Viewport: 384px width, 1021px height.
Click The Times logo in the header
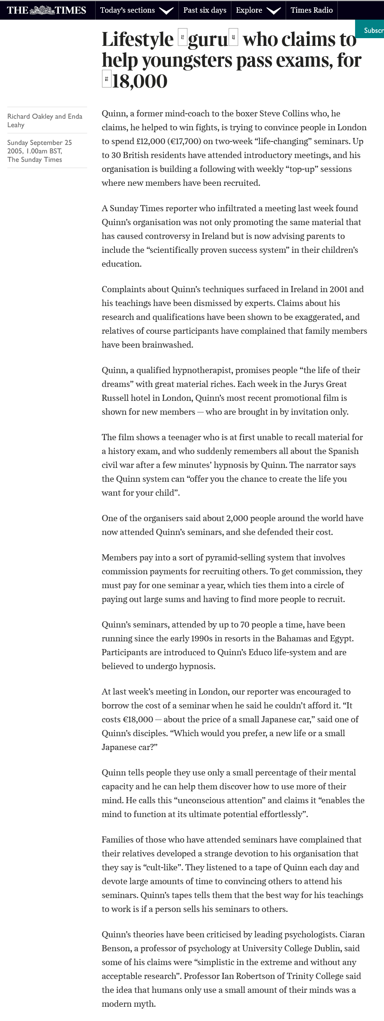pyautogui.click(x=46, y=10)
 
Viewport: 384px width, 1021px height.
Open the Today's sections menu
pyautogui.click(x=136, y=10)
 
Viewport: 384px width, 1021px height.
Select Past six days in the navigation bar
pyautogui.click(x=204, y=10)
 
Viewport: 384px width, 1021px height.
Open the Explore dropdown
pyautogui.click(x=258, y=10)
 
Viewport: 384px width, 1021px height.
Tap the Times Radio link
pyautogui.click(x=312, y=10)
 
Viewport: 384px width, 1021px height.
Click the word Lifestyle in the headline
pyautogui.click(x=138, y=40)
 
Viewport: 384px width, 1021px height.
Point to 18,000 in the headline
pyautogui.click(x=140, y=81)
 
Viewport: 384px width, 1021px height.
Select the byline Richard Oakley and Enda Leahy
pyautogui.click(x=44, y=121)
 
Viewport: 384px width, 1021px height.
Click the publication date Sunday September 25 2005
pyautogui.click(x=40, y=146)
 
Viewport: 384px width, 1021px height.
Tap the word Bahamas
pyautogui.click(x=305, y=639)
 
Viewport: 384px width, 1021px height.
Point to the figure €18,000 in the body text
pyautogui.click(x=138, y=719)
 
